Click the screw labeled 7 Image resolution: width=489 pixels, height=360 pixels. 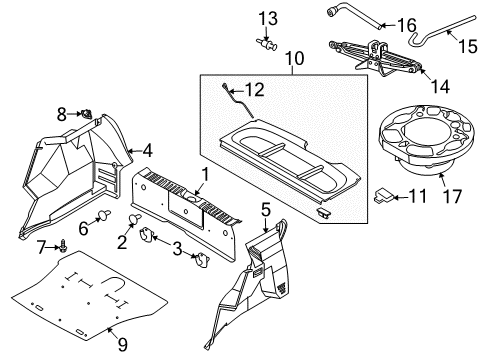64,243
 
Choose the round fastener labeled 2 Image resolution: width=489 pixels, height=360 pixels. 136,221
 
